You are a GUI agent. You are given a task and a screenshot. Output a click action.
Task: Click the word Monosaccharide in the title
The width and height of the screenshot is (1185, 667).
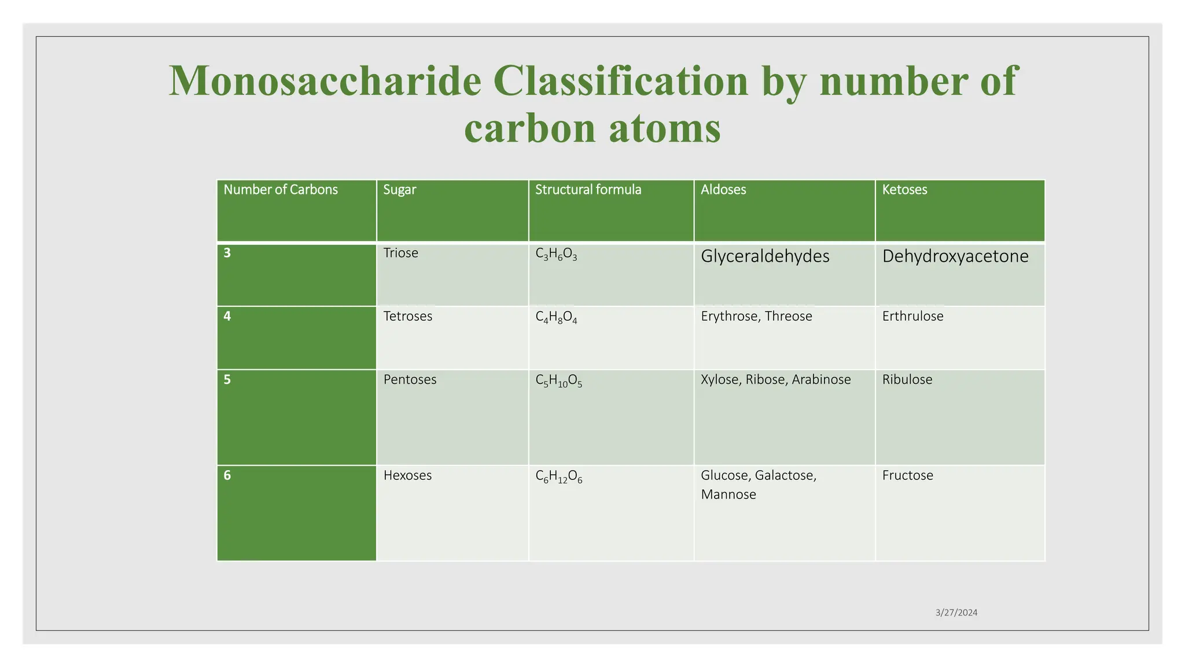pyautogui.click(x=325, y=82)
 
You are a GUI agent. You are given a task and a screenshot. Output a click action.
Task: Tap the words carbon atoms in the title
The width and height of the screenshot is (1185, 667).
pyautogui.click(x=592, y=129)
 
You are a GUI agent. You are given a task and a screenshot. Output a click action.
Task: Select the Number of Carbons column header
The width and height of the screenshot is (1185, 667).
pyautogui.click(x=281, y=190)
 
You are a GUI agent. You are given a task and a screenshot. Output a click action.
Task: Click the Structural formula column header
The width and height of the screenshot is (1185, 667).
pyautogui.click(x=588, y=190)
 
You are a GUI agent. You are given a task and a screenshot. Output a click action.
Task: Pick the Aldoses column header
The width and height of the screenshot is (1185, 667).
pyautogui.click(x=723, y=190)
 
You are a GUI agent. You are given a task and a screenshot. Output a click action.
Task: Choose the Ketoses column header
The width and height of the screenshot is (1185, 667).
pyautogui.click(x=904, y=190)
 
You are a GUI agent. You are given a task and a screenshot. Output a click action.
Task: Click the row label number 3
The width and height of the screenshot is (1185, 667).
pyautogui.click(x=227, y=253)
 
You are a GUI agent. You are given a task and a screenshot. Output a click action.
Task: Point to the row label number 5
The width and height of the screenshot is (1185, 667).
pyautogui.click(x=227, y=380)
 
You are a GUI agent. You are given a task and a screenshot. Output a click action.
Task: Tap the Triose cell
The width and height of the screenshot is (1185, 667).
pyautogui.click(x=400, y=253)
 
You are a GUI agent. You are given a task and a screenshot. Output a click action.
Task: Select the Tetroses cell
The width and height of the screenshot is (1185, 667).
pyautogui.click(x=407, y=316)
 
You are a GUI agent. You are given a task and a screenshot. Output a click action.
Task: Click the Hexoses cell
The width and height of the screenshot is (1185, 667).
pyautogui.click(x=407, y=475)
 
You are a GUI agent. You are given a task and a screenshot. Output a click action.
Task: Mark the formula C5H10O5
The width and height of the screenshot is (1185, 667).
pyautogui.click(x=558, y=381)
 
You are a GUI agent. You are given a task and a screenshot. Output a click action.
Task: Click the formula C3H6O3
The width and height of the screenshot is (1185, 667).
pyautogui.click(x=556, y=254)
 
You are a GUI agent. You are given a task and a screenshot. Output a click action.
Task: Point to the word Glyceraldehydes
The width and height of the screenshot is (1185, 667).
pyautogui.click(x=765, y=256)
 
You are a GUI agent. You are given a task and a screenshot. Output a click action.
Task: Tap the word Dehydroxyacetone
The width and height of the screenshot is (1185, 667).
pyautogui.click(x=955, y=256)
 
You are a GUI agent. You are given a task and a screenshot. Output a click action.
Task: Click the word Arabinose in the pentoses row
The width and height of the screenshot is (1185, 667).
pyautogui.click(x=821, y=380)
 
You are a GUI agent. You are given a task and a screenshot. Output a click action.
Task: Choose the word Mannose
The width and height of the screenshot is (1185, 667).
pyautogui.click(x=728, y=494)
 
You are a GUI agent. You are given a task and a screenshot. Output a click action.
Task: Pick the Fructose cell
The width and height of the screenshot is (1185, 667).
pyautogui.click(x=907, y=475)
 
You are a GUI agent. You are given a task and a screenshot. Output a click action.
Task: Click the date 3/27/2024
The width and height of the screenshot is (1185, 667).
pyautogui.click(x=956, y=613)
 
